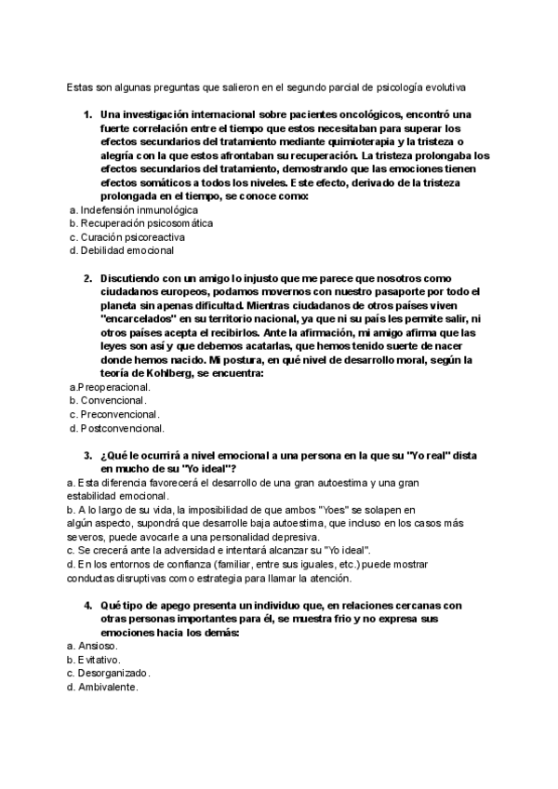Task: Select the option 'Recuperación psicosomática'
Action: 139,223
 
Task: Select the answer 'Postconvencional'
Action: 122,428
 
